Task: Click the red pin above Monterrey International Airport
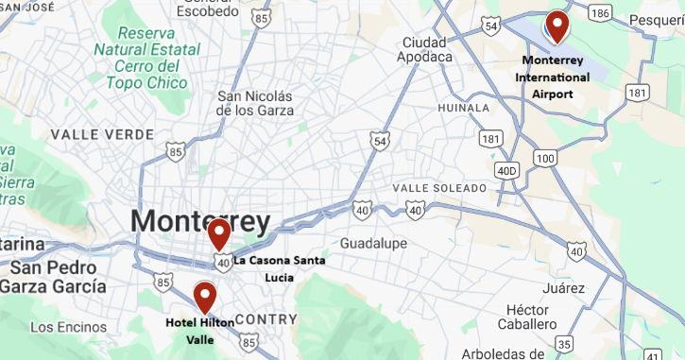[557, 26]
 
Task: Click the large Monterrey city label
[200, 221]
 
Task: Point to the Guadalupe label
[373, 243]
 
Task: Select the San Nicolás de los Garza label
[255, 103]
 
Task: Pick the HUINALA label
[464, 109]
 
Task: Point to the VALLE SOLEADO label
[438, 188]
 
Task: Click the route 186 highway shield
[598, 14]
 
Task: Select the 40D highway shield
[508, 170]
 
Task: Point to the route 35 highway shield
[564, 344]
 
